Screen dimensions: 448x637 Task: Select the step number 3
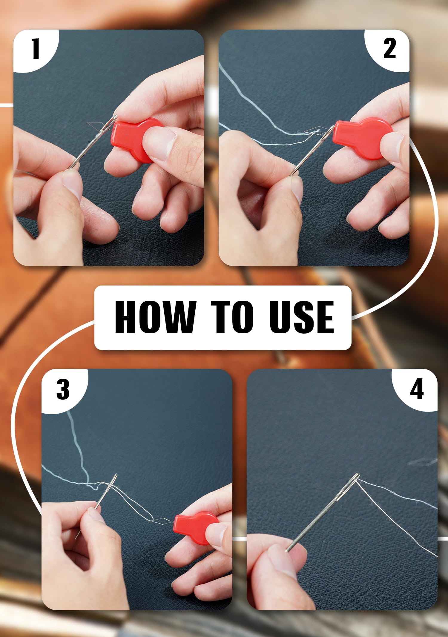(63, 389)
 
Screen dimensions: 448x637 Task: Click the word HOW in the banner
(155, 317)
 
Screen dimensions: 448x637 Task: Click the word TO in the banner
(232, 317)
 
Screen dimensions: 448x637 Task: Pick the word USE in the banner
(302, 317)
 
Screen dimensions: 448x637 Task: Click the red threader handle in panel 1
(137, 139)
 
